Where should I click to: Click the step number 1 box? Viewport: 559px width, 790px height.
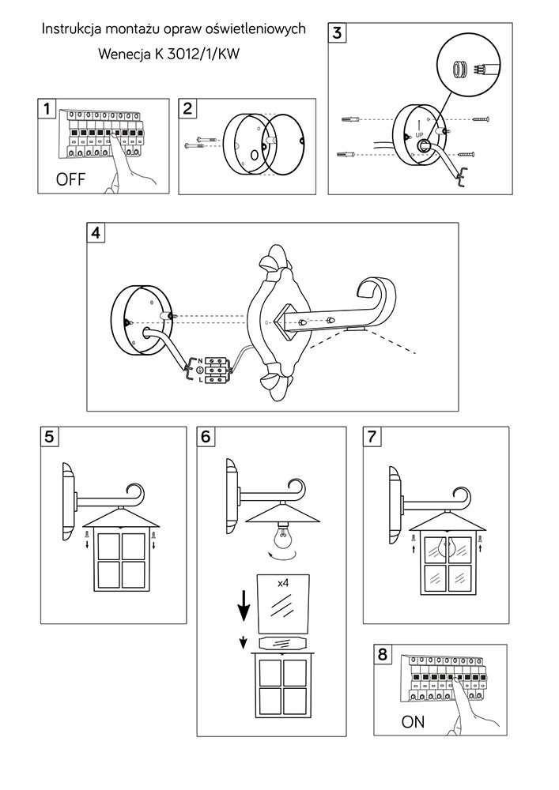tap(48, 109)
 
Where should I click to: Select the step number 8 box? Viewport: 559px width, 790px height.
tap(383, 654)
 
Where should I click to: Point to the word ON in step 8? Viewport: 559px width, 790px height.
tap(413, 721)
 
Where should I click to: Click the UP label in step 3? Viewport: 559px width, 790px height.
tap(421, 134)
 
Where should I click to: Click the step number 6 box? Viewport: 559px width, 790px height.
tap(206, 437)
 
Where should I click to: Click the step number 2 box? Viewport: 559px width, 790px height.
tap(188, 109)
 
